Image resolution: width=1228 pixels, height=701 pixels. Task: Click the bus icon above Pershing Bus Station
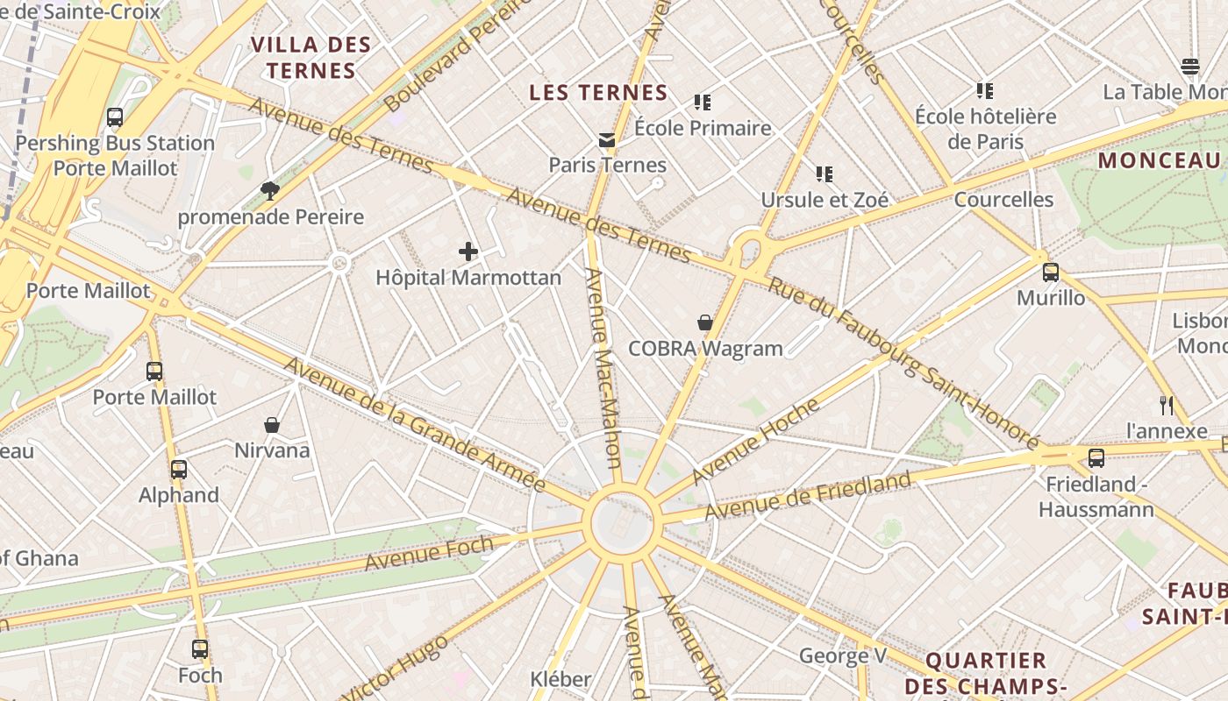[114, 117]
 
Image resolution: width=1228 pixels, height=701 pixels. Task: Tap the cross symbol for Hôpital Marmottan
[468, 252]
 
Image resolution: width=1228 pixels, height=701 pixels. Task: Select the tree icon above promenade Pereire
[270, 191]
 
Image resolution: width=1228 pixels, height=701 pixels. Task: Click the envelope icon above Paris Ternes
[606, 140]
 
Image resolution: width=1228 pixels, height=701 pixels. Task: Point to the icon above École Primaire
[702, 103]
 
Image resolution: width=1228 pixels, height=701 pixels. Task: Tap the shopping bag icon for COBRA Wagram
[704, 323]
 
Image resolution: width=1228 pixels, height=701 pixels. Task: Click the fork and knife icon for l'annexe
[1166, 405]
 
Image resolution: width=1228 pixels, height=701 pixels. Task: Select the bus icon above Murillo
[1050, 273]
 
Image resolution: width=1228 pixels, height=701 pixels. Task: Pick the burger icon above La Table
[1189, 67]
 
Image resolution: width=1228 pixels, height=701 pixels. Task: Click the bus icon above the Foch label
[200, 649]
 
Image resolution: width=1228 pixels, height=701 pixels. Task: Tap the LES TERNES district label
[598, 92]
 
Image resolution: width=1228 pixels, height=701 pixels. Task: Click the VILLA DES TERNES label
[311, 58]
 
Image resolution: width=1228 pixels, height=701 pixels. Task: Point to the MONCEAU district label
[1159, 160]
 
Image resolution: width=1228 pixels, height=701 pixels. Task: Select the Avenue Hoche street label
[755, 441]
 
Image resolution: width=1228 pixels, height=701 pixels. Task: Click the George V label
[843, 655]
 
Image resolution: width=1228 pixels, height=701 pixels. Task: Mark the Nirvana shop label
[272, 450]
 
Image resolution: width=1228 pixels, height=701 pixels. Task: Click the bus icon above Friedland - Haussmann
[1096, 457]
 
